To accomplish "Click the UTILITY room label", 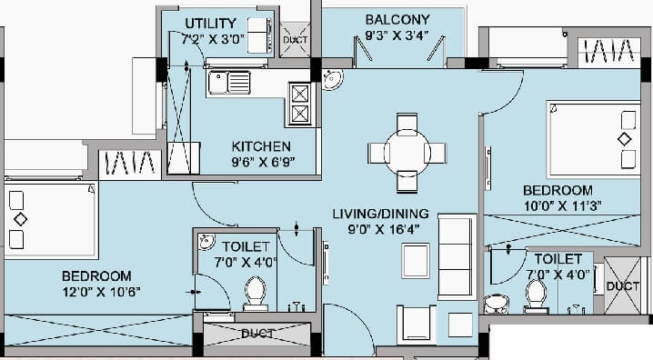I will (x=210, y=23).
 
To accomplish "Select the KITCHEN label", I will (x=261, y=146).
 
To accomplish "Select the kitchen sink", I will (x=224, y=85).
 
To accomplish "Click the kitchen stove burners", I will (x=300, y=102).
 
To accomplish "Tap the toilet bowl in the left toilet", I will (x=254, y=293).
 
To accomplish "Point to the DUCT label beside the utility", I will (x=295, y=40).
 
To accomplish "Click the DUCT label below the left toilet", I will (x=257, y=334).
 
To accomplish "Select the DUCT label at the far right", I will (x=623, y=285).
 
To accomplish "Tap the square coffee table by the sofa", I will (x=415, y=261).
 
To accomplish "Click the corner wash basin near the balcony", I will (x=332, y=83).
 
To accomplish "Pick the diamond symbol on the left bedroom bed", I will (x=20, y=219).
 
